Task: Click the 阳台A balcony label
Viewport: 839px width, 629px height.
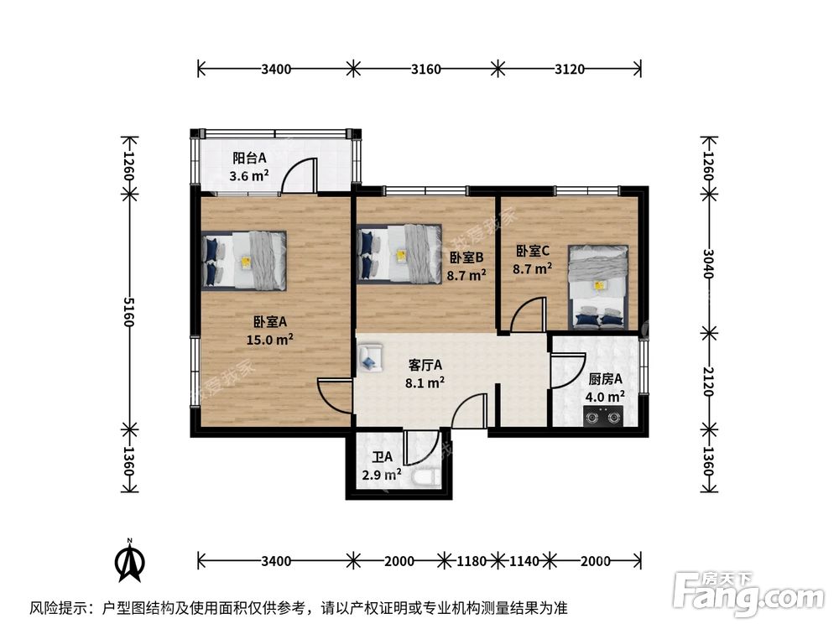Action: [x=249, y=157]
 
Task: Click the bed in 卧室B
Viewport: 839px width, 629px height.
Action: [x=399, y=252]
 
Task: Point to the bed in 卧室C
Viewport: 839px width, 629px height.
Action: [x=598, y=286]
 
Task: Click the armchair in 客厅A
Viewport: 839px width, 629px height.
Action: [x=368, y=357]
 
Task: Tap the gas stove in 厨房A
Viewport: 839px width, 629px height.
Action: [x=603, y=414]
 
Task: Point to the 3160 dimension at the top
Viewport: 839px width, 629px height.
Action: [x=425, y=70]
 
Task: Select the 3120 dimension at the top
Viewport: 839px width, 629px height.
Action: [x=570, y=70]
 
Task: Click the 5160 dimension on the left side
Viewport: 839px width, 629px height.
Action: [x=128, y=311]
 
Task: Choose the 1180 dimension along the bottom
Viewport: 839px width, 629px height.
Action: [x=472, y=560]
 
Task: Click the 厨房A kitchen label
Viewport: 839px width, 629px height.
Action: [x=606, y=378]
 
